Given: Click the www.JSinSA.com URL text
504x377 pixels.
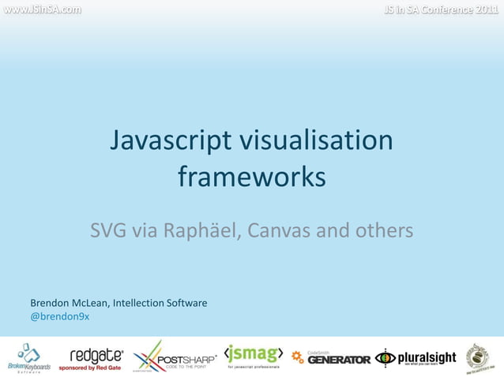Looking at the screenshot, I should [x=40, y=10].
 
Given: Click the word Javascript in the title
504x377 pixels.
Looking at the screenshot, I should [x=169, y=141].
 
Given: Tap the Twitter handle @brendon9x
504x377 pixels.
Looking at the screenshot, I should [x=59, y=316].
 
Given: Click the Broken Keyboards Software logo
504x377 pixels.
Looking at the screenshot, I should [x=29, y=357].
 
